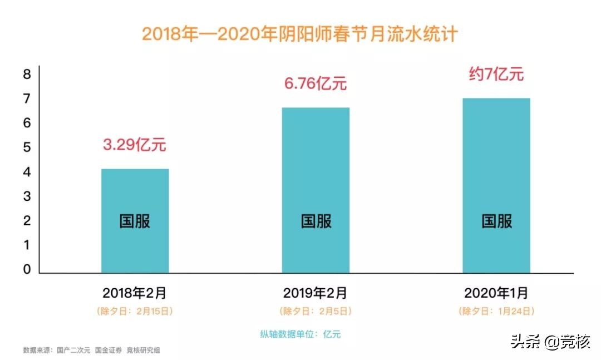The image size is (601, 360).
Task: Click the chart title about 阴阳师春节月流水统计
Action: click(300, 33)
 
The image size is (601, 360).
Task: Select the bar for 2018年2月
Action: click(135, 221)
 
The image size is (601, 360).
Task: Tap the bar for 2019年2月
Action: click(316, 190)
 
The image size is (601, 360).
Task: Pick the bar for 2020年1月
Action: click(496, 186)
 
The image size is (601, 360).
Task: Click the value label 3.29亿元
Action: click(135, 146)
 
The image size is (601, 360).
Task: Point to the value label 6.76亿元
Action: click(316, 84)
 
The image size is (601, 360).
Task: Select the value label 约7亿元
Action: click(496, 75)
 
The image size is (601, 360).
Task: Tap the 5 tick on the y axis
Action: click(27, 148)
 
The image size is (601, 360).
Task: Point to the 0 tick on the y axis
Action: click(27, 270)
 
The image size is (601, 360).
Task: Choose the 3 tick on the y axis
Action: click(27, 197)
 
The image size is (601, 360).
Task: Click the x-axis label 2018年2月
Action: click(135, 292)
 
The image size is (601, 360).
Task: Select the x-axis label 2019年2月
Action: click(316, 292)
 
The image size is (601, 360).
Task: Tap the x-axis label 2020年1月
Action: click(496, 292)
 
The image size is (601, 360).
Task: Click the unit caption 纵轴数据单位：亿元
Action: click(300, 334)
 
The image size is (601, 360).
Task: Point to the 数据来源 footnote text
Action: click(92, 350)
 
